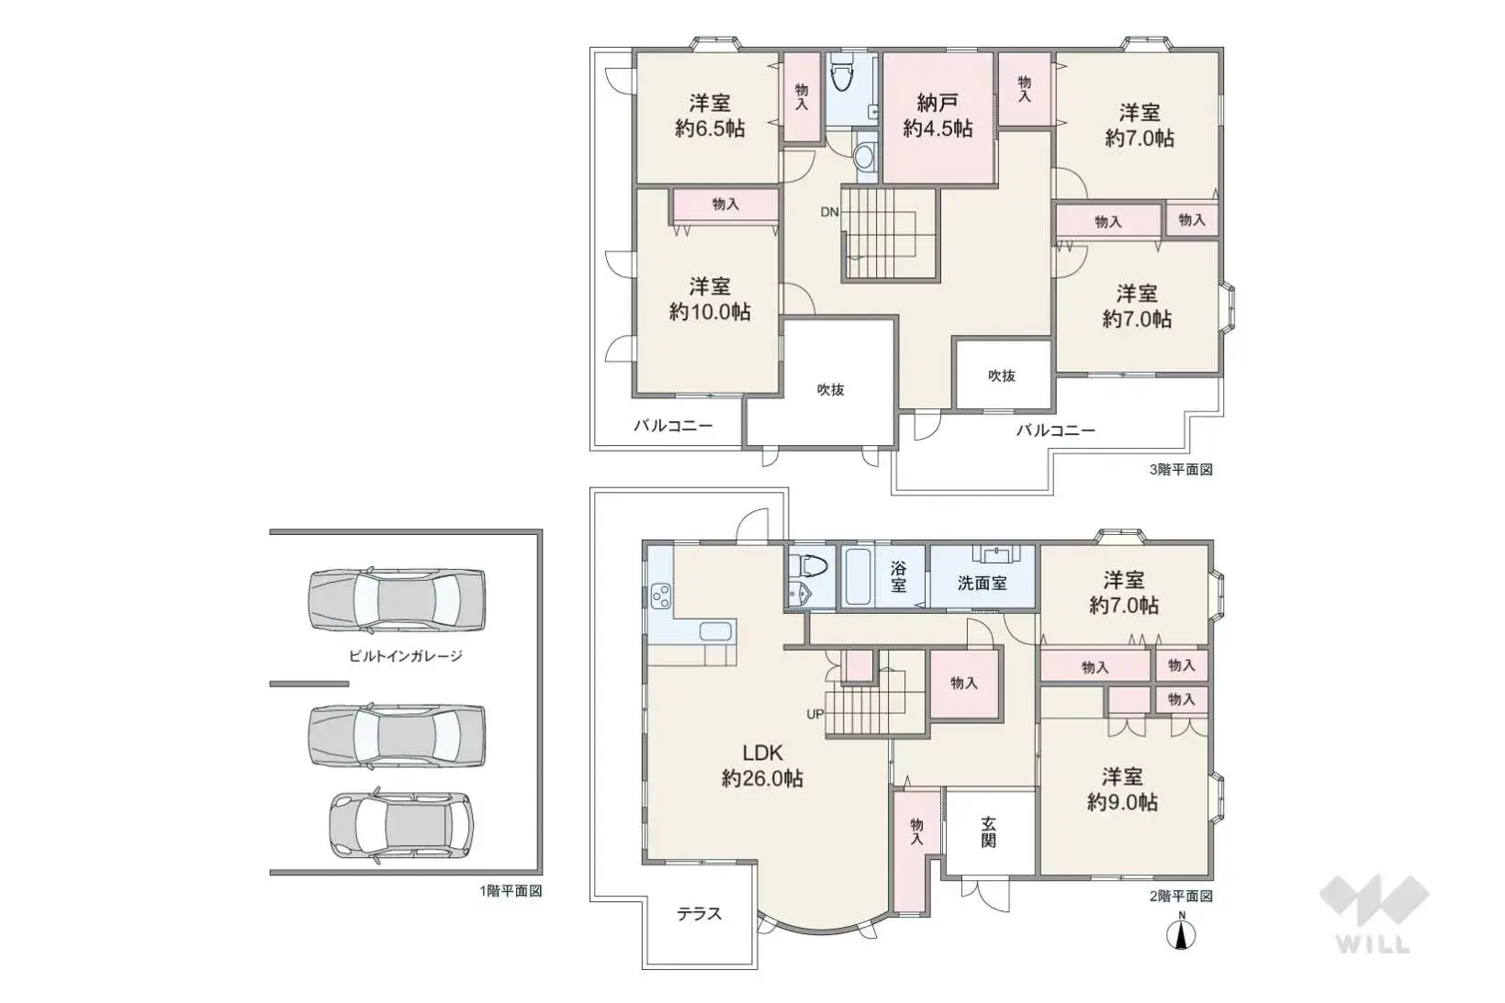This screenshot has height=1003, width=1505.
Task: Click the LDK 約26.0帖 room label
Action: pos(762,765)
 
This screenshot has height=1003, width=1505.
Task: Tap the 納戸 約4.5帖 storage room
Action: pos(938,116)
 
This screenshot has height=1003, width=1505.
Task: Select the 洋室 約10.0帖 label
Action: pos(710,299)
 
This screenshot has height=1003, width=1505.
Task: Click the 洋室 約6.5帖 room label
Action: pos(710,116)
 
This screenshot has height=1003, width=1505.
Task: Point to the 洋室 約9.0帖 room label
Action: pos(1122,789)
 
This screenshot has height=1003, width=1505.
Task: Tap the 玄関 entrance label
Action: pos(988,831)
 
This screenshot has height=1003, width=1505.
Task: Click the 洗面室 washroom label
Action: pos(982,583)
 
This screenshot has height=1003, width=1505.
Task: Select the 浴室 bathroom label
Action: pos(898,577)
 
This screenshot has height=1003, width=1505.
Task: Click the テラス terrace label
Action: pos(699,914)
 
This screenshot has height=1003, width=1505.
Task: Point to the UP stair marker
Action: pos(814,714)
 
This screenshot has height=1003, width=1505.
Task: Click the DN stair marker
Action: pos(829,212)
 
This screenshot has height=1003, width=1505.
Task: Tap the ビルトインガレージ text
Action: pos(405,656)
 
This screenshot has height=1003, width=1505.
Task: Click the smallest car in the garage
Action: pos(401,825)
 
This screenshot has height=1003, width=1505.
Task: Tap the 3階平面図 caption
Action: pos(1181,470)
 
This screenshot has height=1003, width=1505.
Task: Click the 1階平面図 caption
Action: pos(511,891)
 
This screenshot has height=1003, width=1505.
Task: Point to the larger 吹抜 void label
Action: pos(830,389)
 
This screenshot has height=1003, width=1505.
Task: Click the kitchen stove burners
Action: pos(660,597)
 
